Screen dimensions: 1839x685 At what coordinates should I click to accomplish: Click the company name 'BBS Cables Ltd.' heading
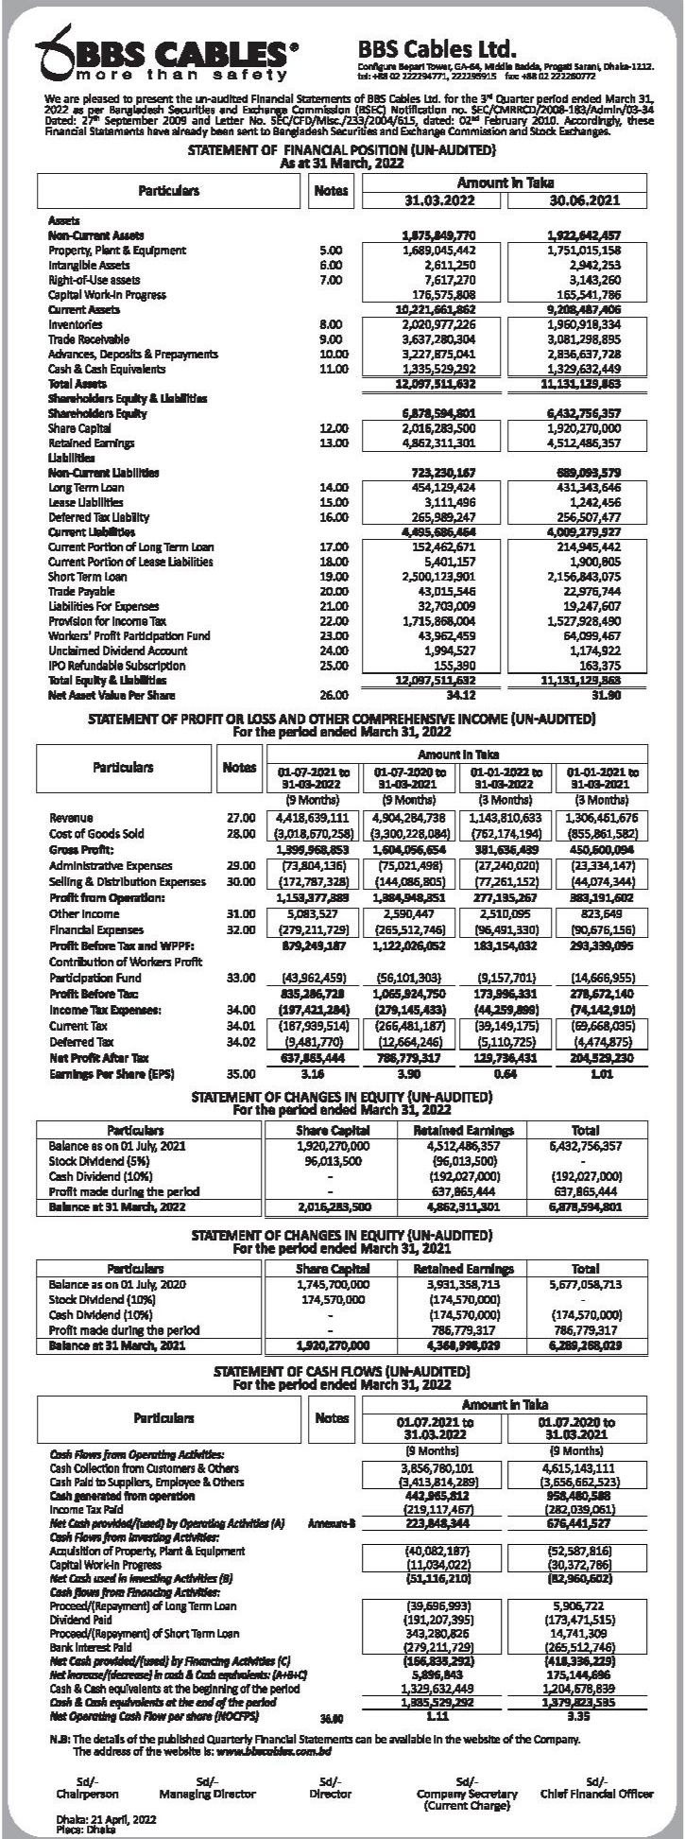[x=437, y=48]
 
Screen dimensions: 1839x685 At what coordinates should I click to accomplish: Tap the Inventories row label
[x=77, y=323]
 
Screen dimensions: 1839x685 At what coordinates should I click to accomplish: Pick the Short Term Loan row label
[x=87, y=576]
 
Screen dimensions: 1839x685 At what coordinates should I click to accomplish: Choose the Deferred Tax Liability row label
[x=99, y=518]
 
